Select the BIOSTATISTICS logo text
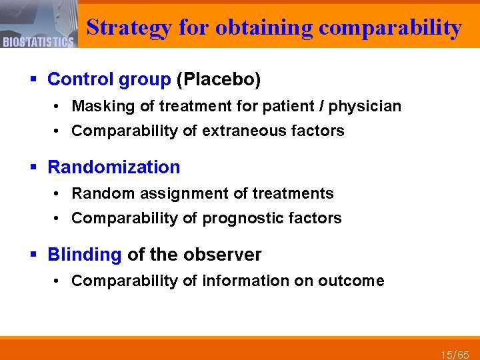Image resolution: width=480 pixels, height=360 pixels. tap(38, 42)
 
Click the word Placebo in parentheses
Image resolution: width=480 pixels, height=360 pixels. tap(219, 80)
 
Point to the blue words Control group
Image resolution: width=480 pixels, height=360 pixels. tap(109, 80)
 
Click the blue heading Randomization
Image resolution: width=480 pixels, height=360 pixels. tap(114, 167)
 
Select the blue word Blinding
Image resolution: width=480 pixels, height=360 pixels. tap(85, 254)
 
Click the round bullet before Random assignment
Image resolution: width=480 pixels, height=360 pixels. tap(59, 194)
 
